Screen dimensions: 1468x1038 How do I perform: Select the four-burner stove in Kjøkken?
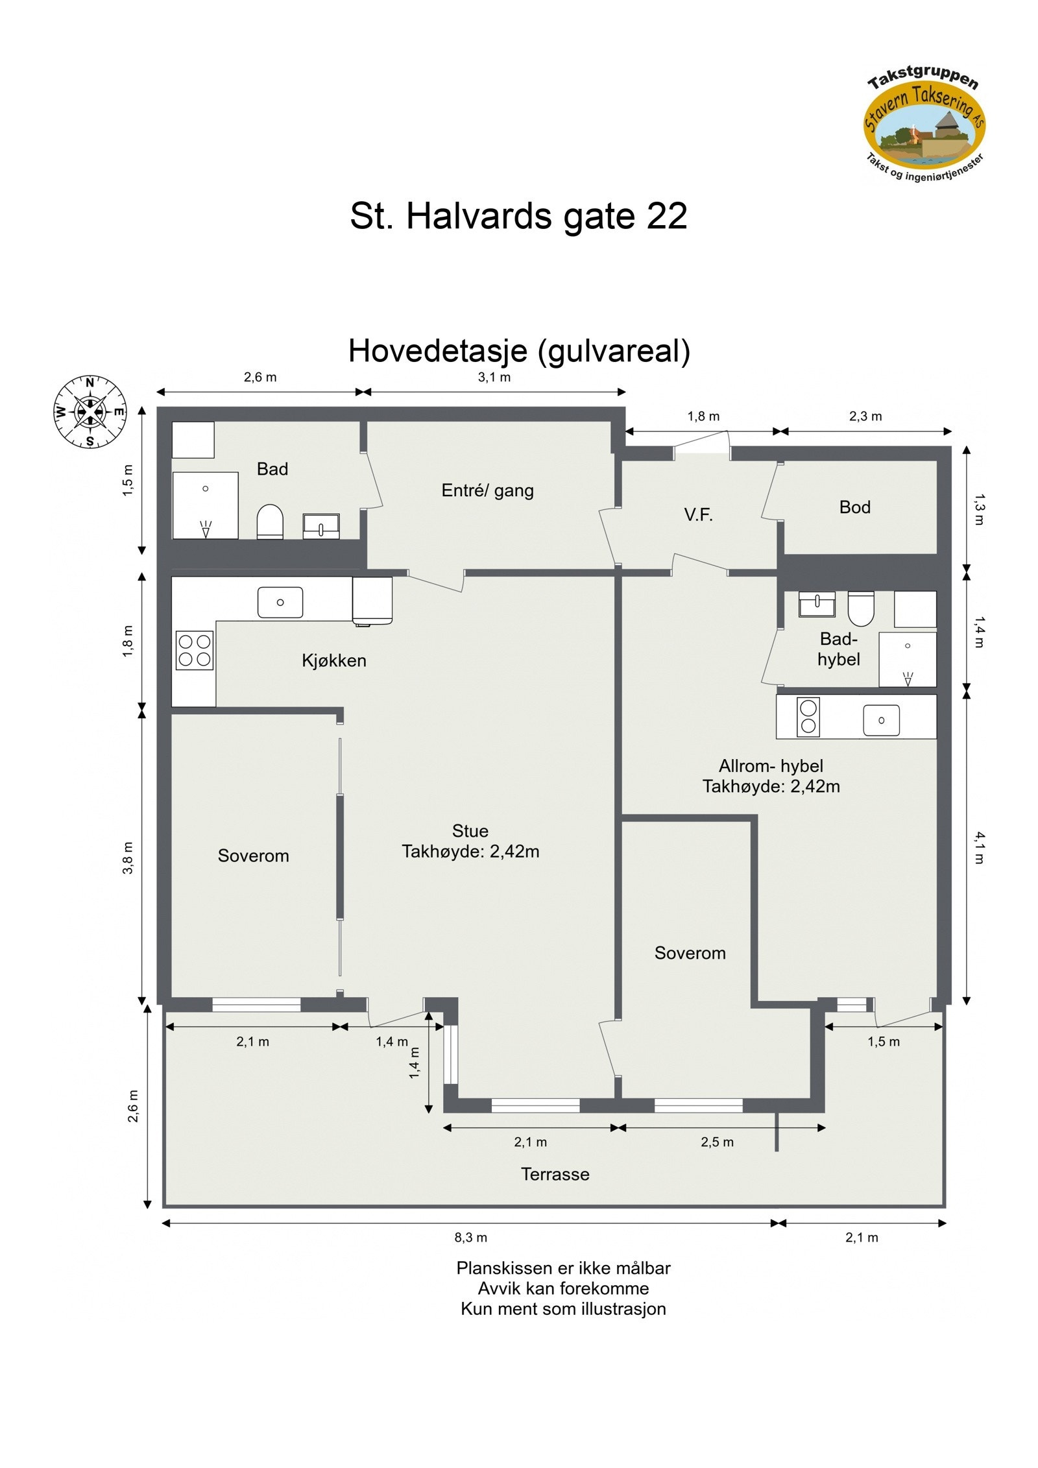coord(194,650)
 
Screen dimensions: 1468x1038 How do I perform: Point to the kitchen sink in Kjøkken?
coord(280,602)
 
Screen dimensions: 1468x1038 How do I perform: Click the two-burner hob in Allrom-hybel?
coord(808,717)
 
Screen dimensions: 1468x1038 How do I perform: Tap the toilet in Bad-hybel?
coord(860,607)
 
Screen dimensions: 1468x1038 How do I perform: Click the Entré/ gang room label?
coord(487,490)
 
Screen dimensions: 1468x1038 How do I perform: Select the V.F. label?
coord(698,515)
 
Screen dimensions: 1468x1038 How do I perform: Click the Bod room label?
coord(854,507)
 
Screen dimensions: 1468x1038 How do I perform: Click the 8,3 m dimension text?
coord(470,1237)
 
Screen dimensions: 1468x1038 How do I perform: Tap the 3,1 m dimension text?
coord(494,378)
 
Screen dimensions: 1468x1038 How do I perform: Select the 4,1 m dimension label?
coord(979,847)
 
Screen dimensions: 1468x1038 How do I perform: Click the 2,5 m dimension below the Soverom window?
coord(717,1142)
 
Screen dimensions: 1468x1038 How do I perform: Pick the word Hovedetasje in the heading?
coord(437,351)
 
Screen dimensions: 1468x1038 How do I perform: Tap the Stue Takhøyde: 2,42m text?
coord(470,841)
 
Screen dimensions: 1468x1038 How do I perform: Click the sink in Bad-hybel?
coord(816,604)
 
